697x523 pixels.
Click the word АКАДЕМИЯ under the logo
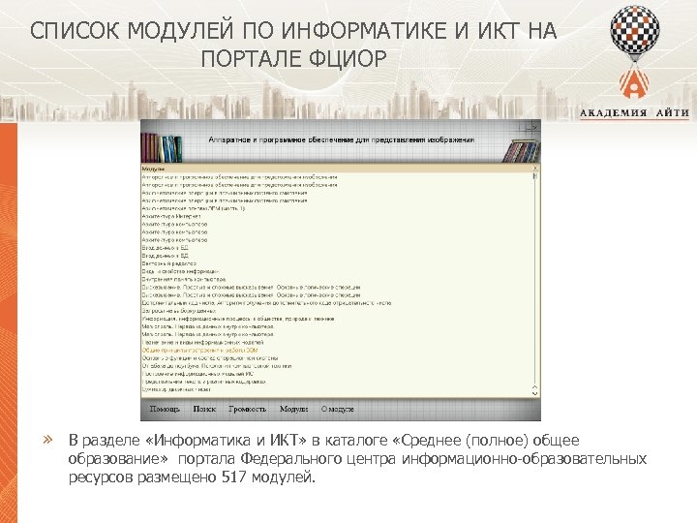612,112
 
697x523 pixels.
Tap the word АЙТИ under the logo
671,112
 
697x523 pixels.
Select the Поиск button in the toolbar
204,410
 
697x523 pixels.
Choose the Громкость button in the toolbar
247,410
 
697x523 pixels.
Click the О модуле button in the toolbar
338,410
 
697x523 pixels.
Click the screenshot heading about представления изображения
342,139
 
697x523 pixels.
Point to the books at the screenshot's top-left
162,146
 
